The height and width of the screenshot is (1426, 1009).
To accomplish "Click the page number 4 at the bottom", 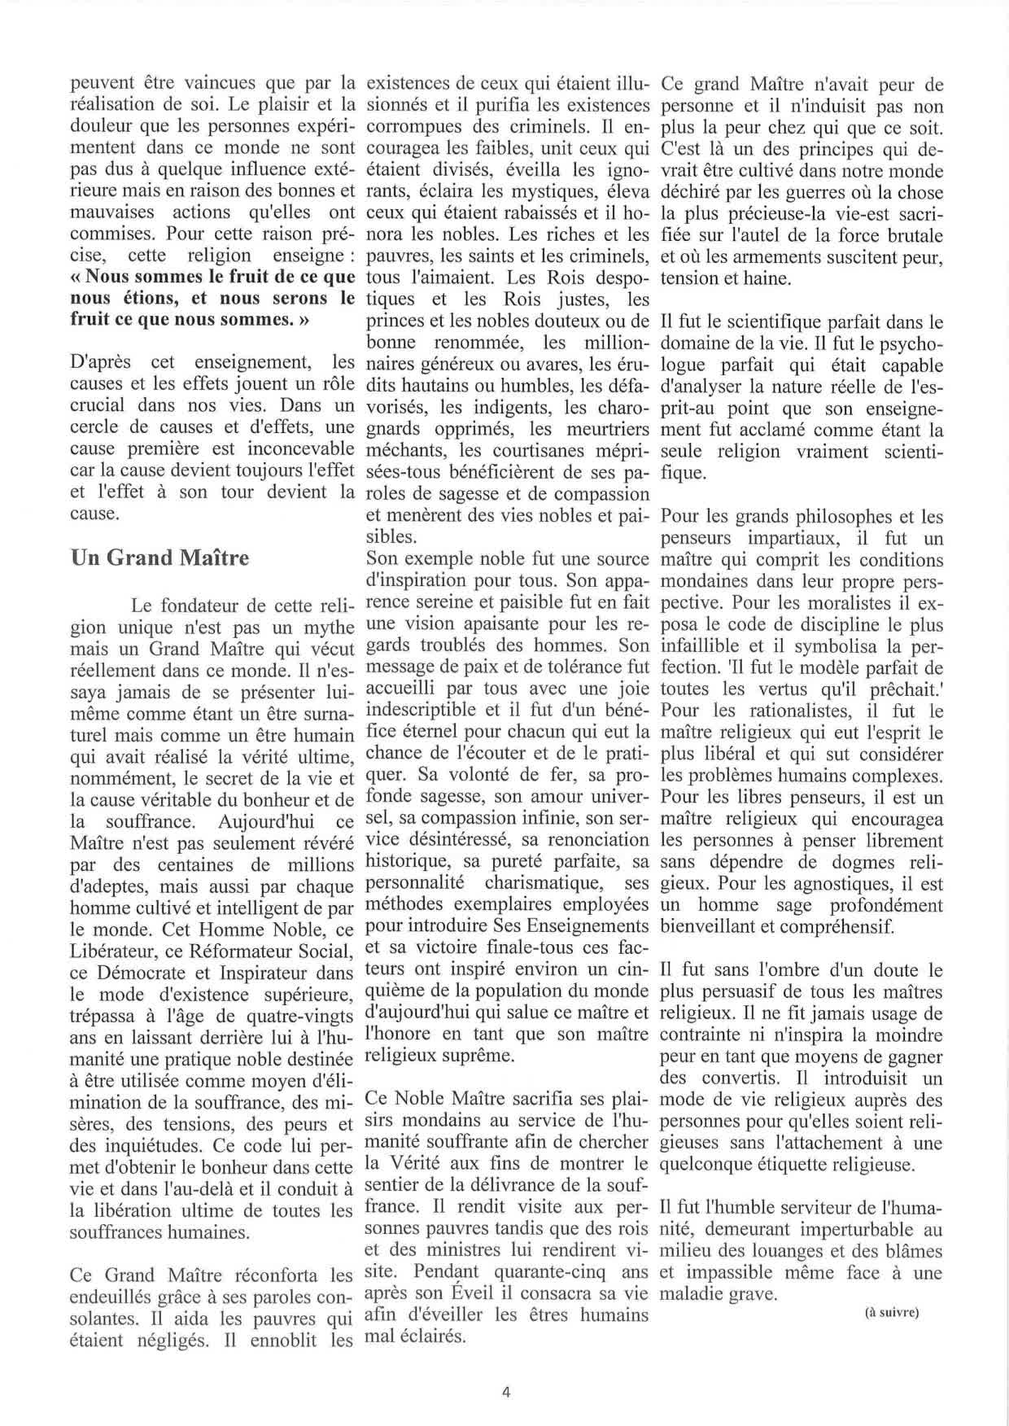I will (x=505, y=1391).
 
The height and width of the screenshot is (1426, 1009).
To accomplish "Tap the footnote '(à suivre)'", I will (x=889, y=1312).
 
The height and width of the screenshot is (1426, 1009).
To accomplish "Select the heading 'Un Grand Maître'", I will (x=159, y=558).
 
